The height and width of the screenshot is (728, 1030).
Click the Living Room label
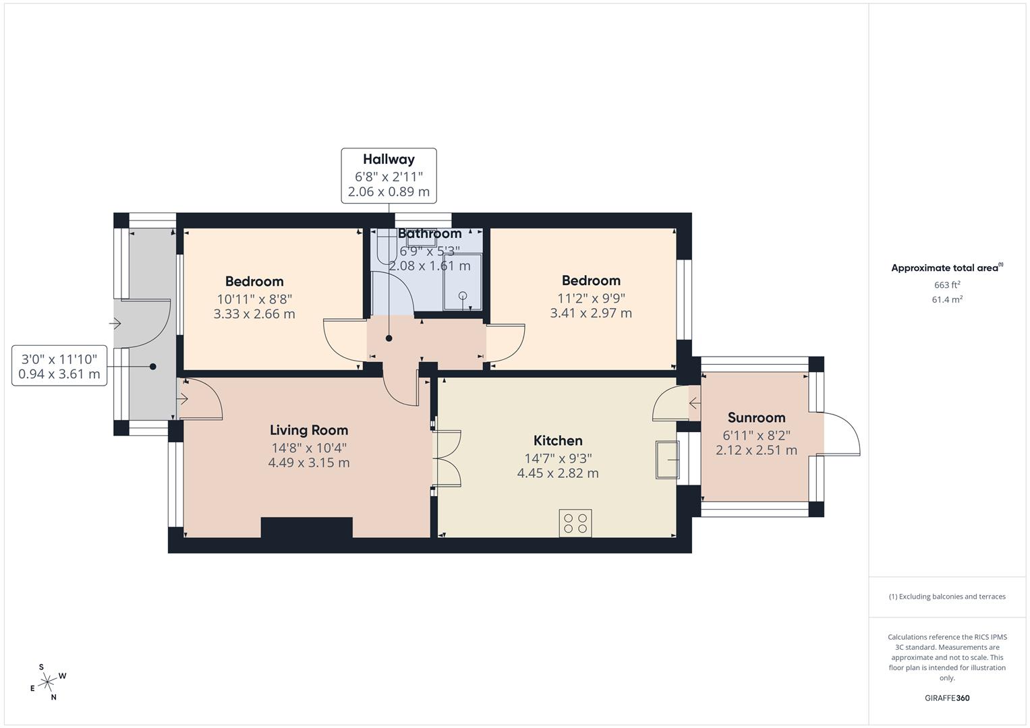click(308, 430)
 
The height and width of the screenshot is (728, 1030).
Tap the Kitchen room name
click(558, 441)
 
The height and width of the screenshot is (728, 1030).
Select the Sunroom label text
click(756, 418)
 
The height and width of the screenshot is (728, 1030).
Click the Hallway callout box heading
click(389, 160)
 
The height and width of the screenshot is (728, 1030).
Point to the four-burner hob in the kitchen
click(575, 523)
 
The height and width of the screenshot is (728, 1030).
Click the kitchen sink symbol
click(667, 460)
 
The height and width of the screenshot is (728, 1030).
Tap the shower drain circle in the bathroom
click(463, 295)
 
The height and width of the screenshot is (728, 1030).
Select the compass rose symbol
click(47, 682)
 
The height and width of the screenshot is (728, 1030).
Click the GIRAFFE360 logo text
click(946, 698)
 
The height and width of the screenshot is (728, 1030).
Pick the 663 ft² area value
click(946, 285)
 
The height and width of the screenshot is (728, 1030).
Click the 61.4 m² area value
click(946, 300)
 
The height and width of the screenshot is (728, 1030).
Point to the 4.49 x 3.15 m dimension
click(308, 463)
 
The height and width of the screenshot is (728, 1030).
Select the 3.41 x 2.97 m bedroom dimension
click(591, 313)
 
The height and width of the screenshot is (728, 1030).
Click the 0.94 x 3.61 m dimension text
click(59, 374)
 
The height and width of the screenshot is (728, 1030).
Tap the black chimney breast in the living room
click(306, 527)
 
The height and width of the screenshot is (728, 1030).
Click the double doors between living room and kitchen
click(447, 458)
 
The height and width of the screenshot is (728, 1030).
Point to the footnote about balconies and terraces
click(946, 597)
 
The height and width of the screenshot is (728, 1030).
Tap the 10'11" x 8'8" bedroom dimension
click(254, 299)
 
